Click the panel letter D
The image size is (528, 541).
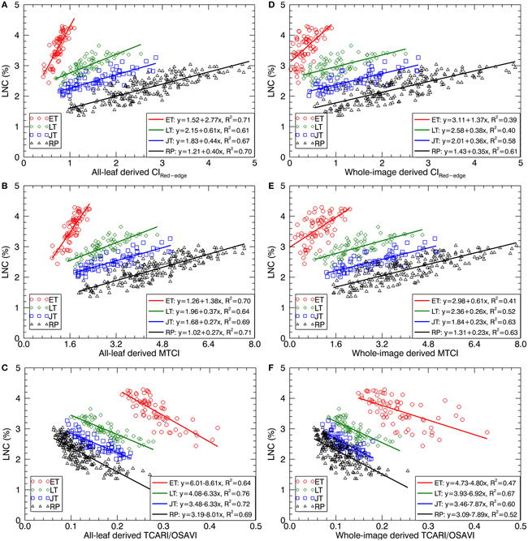click(271, 6)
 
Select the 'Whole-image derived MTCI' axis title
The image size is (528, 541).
click(405, 350)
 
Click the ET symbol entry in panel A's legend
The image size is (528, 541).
click(41, 118)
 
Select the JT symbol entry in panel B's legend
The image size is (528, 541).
click(41, 316)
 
